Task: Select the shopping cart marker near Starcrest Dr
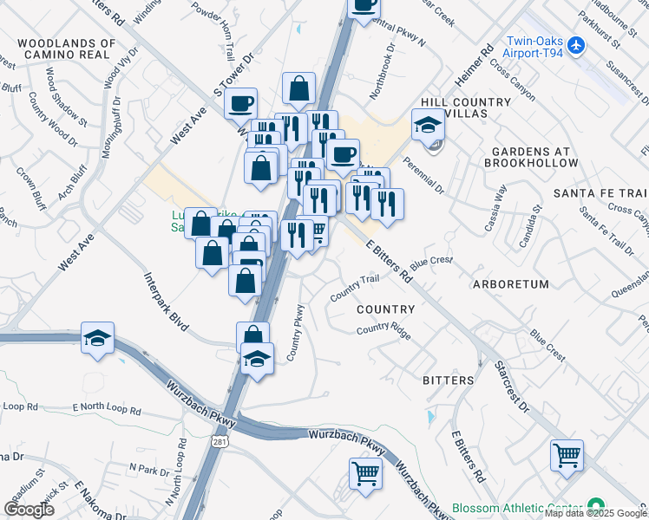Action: (567, 454)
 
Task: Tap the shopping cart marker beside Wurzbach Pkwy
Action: (365, 473)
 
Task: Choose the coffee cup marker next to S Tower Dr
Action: (240, 103)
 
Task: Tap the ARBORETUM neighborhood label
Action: (510, 284)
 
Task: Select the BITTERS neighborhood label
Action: (449, 380)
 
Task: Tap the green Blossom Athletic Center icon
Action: (595, 505)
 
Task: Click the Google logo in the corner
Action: (29, 510)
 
